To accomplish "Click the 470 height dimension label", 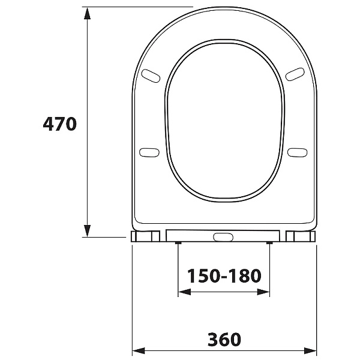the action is [x=59, y=124].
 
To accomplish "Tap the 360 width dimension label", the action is [x=224, y=340].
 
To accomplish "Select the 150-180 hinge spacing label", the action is [x=224, y=276].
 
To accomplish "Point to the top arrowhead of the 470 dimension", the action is [x=87, y=13].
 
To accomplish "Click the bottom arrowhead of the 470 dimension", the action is [x=87, y=231].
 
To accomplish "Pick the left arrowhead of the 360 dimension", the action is [x=139, y=351].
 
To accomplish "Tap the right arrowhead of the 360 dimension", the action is [x=310, y=351].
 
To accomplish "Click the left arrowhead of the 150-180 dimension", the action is [x=184, y=292].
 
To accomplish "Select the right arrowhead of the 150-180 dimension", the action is [x=263, y=292].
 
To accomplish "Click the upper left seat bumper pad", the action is [x=151, y=76].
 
